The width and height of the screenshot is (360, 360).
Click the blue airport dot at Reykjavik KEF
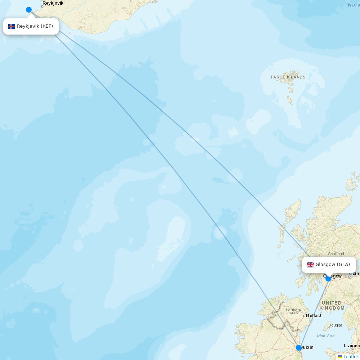click(x=29, y=10)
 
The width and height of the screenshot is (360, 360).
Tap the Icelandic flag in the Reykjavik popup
click(x=12, y=26)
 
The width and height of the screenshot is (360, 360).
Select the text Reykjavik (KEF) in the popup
click(x=35, y=26)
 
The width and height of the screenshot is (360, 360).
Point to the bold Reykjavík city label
click(x=53, y=3)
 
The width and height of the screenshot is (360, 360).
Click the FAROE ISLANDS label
click(x=288, y=77)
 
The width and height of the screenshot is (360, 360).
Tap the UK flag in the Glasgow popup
click(x=310, y=265)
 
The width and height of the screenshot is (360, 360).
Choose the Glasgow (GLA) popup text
click(x=333, y=265)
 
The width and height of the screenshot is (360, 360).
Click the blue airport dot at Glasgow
click(x=328, y=279)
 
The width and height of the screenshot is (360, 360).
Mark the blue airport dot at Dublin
click(x=299, y=348)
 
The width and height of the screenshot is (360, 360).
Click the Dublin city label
click(x=307, y=347)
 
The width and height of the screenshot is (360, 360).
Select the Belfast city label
click(x=314, y=316)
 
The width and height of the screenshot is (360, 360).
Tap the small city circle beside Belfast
click(x=304, y=316)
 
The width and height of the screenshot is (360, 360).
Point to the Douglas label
click(x=336, y=325)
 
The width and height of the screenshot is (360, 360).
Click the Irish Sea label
click(x=325, y=336)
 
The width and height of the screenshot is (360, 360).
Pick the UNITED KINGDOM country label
click(x=332, y=306)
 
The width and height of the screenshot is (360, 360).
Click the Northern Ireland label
click(x=293, y=311)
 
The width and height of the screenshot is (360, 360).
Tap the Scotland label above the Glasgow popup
click(x=336, y=254)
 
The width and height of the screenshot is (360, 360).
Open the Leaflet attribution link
click(x=351, y=357)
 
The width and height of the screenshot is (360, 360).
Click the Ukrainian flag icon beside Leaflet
click(x=340, y=357)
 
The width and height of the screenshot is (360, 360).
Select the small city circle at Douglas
click(x=329, y=328)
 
